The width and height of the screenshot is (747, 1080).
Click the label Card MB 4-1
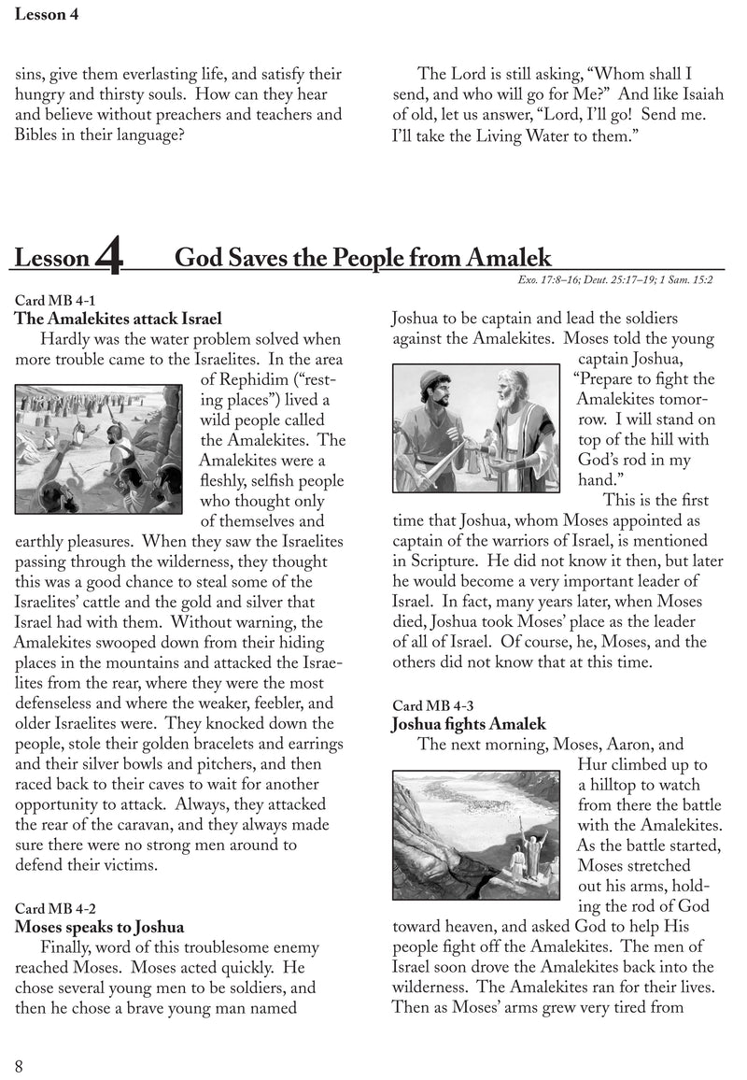point(55,300)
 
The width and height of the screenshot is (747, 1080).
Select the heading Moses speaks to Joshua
point(99,927)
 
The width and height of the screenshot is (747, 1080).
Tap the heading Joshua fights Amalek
point(468,724)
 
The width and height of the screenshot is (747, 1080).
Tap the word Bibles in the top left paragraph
point(39,135)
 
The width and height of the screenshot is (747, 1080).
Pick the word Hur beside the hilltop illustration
point(594,765)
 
